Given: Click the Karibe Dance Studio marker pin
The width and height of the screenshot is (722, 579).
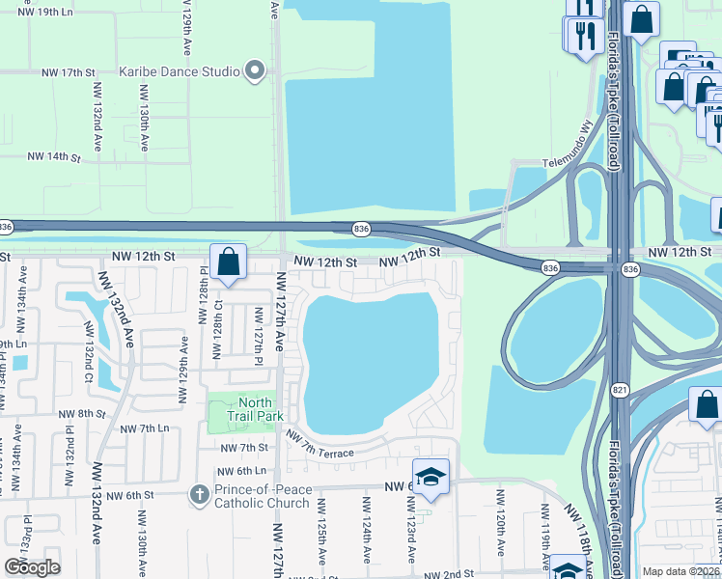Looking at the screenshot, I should pyautogui.click(x=256, y=69).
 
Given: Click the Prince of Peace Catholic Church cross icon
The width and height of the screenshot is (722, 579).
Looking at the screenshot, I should pyautogui.click(x=200, y=494).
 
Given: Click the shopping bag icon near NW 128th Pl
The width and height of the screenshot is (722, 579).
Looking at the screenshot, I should pyautogui.click(x=229, y=262).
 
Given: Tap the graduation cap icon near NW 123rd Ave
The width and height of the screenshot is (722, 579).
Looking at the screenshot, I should pyautogui.click(x=430, y=477).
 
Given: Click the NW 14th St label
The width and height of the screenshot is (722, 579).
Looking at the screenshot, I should pyautogui.click(x=52, y=155).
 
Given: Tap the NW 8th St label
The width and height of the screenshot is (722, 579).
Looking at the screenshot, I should pyautogui.click(x=81, y=413).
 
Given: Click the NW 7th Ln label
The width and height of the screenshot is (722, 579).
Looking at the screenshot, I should pyautogui.click(x=145, y=427).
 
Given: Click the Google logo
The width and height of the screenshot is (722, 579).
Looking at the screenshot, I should pyautogui.click(x=33, y=566).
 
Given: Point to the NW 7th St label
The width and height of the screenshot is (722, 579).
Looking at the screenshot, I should pyautogui.click(x=243, y=448).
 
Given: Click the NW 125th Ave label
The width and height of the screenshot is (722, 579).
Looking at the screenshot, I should pyautogui.click(x=320, y=536).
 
